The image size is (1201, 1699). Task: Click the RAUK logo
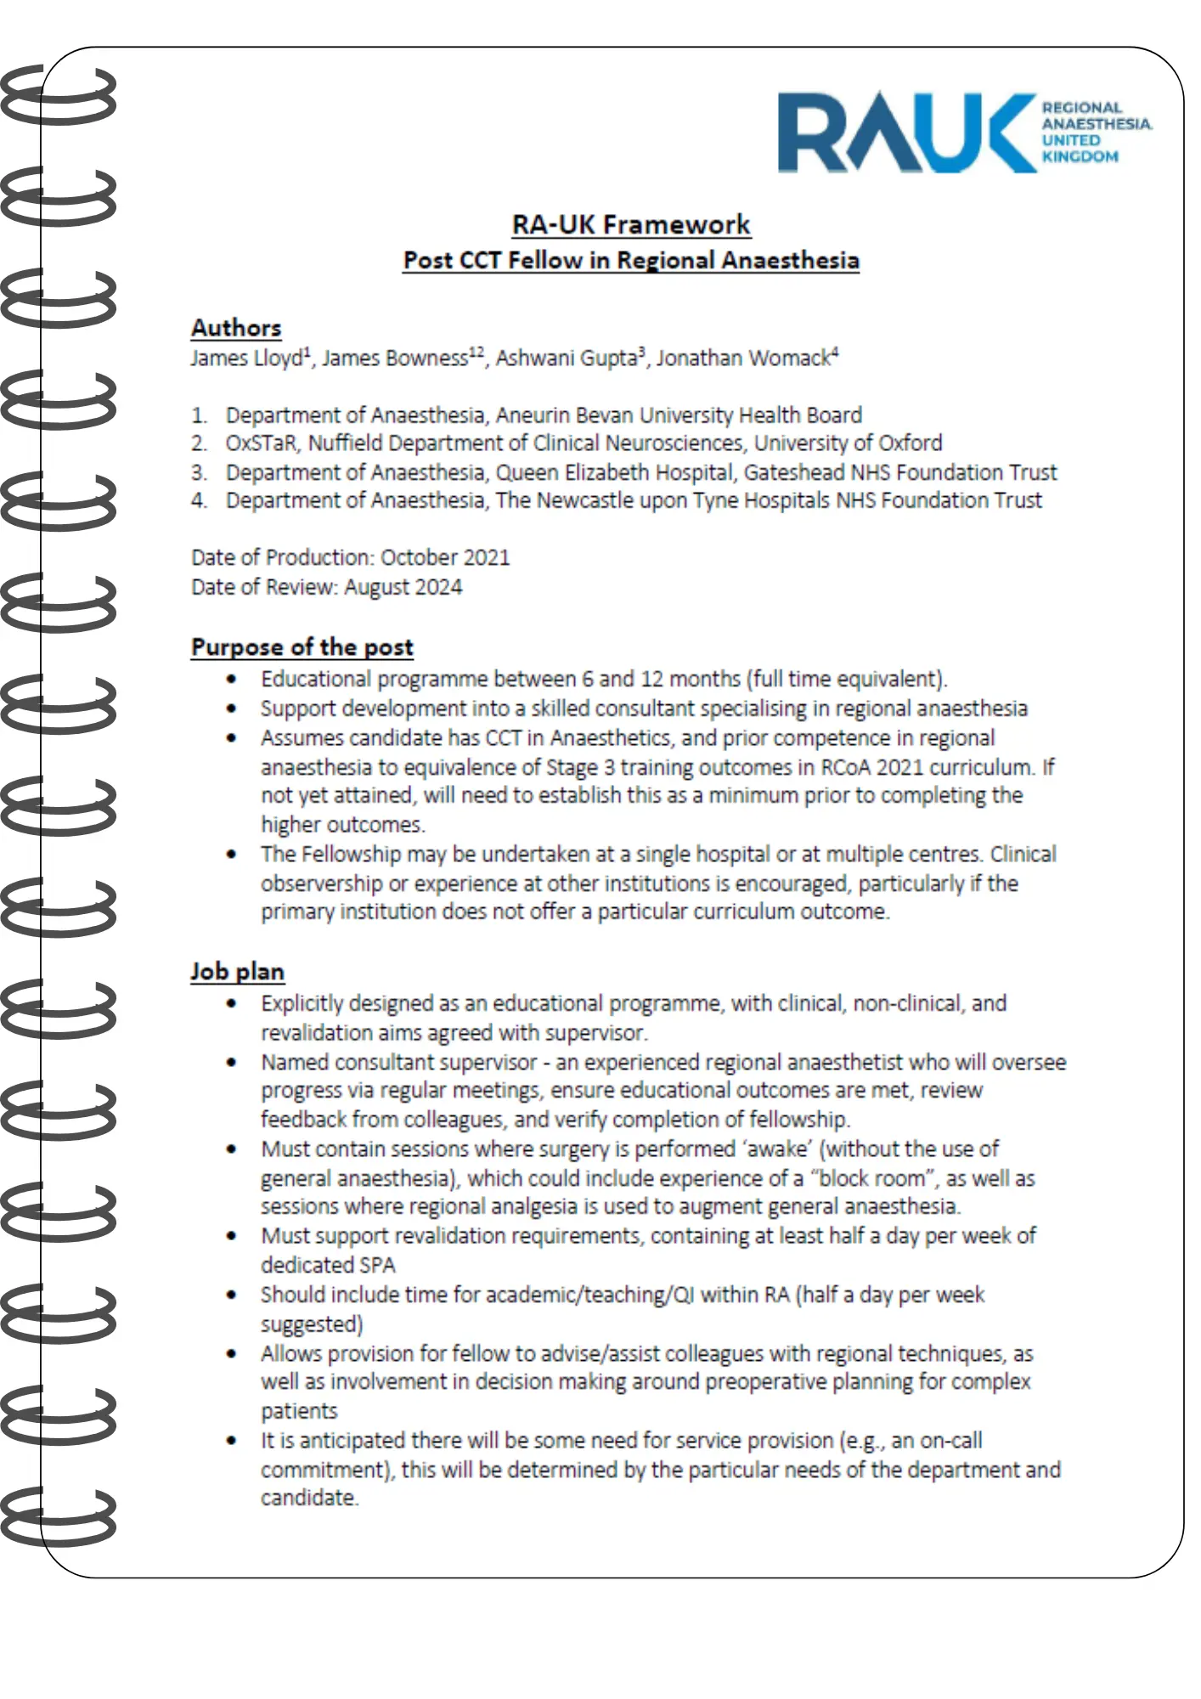[x=964, y=133]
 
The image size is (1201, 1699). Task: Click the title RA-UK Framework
[x=631, y=224]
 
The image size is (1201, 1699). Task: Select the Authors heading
[x=235, y=328]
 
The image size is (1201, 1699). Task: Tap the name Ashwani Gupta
[x=567, y=358]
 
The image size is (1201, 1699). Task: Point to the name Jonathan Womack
[x=743, y=358]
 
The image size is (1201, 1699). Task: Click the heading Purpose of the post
[x=302, y=647]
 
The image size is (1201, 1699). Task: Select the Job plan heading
[x=237, y=972]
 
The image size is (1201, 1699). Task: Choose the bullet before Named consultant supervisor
[x=231, y=1063]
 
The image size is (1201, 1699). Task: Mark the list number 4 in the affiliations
[x=198, y=501]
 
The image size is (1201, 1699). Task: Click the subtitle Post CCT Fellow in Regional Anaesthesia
[x=631, y=261]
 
